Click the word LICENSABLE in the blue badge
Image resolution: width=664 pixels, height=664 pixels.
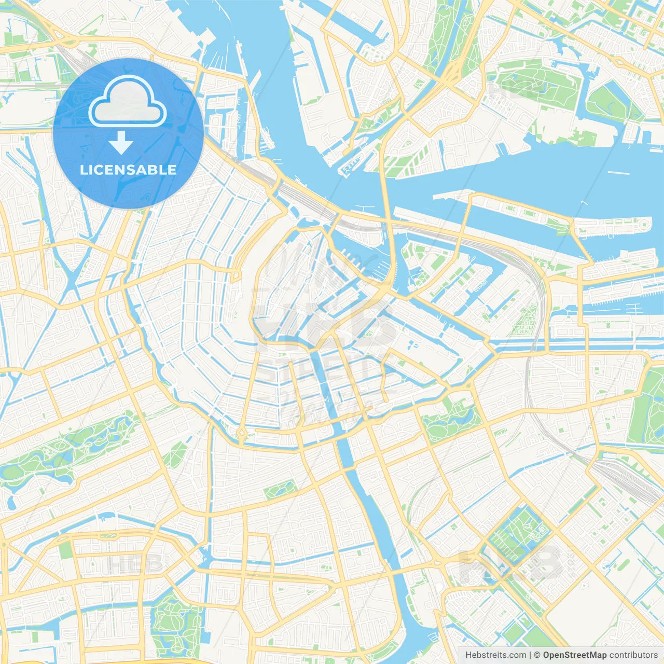(x=128, y=170)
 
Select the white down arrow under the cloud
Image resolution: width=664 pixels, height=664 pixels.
(x=121, y=143)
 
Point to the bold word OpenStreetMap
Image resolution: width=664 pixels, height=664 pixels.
(x=575, y=655)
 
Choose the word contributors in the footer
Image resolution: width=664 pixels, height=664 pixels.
(x=633, y=655)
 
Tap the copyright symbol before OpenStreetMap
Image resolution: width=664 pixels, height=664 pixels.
(x=537, y=655)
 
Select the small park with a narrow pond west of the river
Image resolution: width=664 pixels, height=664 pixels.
(x=280, y=489)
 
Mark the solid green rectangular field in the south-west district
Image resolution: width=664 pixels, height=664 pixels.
(x=65, y=550)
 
